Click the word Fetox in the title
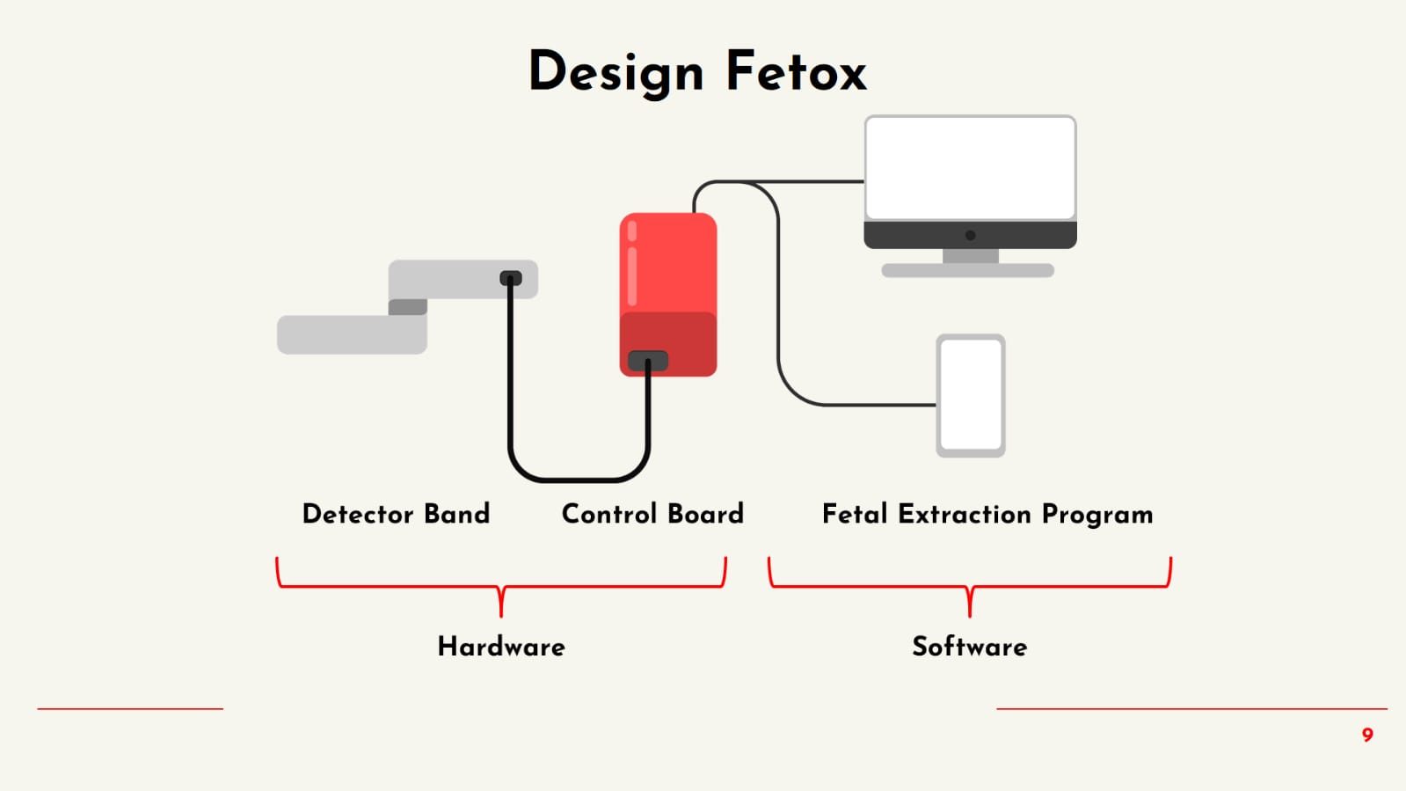point(796,72)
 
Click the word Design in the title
point(616,72)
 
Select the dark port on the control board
point(648,361)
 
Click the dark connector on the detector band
point(511,278)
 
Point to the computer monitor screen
point(970,167)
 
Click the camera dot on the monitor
point(970,235)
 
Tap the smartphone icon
point(971,395)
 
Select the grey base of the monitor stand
point(968,271)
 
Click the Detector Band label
point(396,514)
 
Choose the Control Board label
point(652,514)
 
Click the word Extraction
point(964,514)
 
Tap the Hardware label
point(501,647)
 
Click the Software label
point(969,647)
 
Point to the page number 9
point(1367,735)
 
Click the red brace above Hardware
point(501,586)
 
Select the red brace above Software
point(969,586)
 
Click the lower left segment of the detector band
point(352,335)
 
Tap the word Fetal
point(854,514)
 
